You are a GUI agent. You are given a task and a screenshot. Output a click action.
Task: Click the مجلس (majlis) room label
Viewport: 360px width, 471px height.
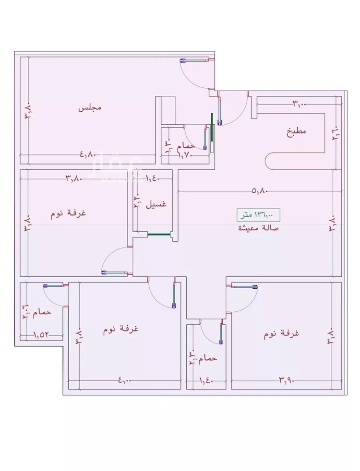pyautogui.click(x=90, y=108)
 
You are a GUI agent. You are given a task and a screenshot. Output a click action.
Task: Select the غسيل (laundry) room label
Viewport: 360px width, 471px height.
pyautogui.click(x=156, y=204)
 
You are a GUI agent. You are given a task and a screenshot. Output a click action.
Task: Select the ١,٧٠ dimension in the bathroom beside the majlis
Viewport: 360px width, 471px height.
pyautogui.click(x=186, y=154)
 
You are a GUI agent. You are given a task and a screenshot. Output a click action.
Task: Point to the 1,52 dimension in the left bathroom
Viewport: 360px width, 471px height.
pyautogui.click(x=42, y=335)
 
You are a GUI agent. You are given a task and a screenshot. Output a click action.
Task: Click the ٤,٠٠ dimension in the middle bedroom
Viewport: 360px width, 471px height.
pyautogui.click(x=124, y=380)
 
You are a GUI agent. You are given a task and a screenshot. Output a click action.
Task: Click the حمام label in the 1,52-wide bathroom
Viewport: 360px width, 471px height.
pyautogui.click(x=44, y=312)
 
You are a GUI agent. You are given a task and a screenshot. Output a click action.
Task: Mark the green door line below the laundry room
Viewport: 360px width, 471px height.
pyautogui.click(x=159, y=235)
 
